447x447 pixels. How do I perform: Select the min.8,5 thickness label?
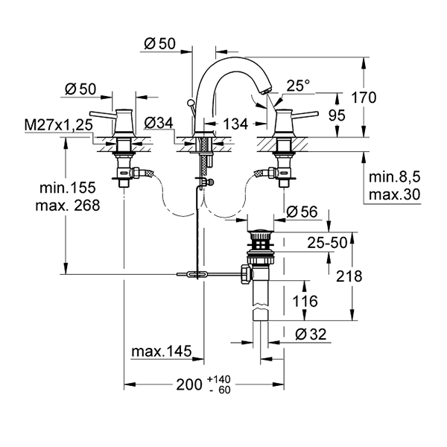pyautogui.click(x=395, y=177)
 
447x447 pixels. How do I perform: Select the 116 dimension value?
pyautogui.click(x=305, y=301)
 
